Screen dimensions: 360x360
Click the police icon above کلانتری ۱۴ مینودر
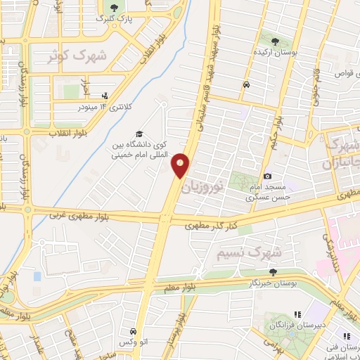point(105,96)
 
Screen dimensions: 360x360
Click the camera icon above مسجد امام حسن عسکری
point(267,176)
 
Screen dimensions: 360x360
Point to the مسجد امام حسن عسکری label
point(266,193)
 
